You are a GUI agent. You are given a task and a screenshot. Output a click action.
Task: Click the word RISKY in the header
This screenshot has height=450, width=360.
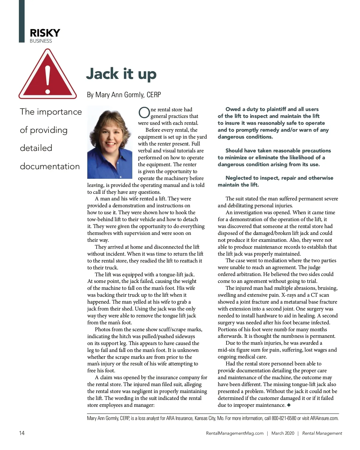[x=45, y=33]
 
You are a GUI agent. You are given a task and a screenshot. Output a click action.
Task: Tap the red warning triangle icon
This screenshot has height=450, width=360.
[x=47, y=75]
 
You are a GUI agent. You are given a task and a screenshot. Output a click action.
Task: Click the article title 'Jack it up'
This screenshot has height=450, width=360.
[x=121, y=74]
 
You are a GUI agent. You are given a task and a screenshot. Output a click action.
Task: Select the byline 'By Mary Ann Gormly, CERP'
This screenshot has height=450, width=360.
[x=124, y=95]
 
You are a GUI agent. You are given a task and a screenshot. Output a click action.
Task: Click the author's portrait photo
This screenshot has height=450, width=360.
[x=110, y=142]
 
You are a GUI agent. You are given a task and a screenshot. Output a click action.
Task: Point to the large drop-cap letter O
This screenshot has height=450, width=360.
[x=144, y=112]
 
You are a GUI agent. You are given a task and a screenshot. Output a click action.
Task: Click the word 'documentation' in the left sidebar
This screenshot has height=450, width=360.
[x=50, y=166]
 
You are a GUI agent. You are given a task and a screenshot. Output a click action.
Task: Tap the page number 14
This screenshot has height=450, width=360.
[x=22, y=433]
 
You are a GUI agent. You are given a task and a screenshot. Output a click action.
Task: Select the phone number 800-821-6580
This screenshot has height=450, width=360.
[x=284, y=418]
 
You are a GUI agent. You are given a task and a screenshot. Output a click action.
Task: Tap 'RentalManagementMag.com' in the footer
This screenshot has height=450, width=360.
[x=235, y=433]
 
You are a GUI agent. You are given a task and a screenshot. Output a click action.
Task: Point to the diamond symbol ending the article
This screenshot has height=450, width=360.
[x=289, y=405]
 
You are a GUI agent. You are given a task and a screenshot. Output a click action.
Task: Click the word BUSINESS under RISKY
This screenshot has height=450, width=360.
[x=41, y=41]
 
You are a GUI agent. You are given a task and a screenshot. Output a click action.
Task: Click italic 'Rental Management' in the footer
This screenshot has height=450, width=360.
[x=322, y=433]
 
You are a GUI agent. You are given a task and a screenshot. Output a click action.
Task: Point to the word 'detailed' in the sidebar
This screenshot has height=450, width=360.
[x=36, y=148]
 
